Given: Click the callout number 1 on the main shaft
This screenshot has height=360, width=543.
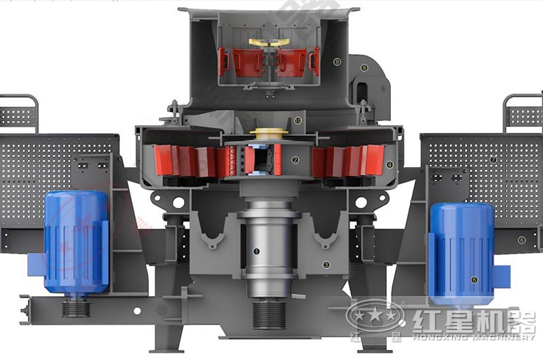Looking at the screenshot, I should (257, 251).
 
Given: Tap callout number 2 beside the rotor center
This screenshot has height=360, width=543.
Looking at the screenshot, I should (295, 160).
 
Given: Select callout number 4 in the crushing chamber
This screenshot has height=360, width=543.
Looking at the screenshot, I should (389, 164).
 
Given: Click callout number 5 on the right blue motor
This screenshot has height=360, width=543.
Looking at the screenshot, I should (474, 279).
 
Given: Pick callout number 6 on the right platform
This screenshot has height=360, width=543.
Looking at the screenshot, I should (521, 239).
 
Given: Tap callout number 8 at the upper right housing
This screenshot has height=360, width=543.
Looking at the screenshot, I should (364, 67).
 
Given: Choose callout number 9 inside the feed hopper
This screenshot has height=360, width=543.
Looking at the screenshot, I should (337, 61).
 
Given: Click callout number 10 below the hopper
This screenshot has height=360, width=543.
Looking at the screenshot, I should (299, 120).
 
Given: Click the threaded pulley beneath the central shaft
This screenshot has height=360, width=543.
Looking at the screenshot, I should (269, 314).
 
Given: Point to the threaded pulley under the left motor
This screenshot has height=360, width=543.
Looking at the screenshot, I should (76, 308).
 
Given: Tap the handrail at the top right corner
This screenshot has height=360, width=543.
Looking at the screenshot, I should (523, 109).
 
